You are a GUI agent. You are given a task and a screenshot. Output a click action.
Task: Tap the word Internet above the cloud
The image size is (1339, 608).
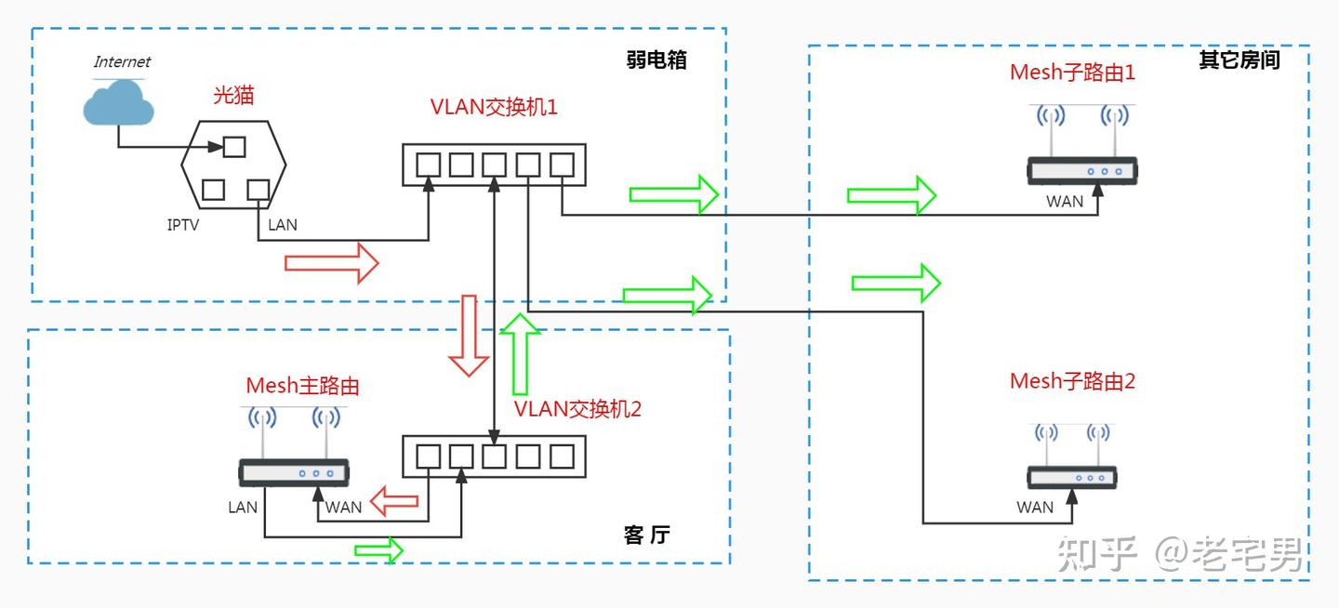coord(122,61)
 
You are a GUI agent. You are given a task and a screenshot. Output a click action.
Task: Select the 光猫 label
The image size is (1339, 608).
coord(233,95)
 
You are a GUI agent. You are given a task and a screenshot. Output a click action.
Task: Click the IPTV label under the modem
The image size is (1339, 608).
coord(183,225)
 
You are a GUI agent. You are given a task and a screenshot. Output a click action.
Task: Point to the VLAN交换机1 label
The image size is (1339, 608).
coord(494,107)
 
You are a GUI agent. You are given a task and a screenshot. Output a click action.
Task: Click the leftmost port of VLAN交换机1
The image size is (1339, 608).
coord(428,165)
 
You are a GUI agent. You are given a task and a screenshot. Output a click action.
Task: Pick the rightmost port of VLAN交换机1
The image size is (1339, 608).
coord(562,165)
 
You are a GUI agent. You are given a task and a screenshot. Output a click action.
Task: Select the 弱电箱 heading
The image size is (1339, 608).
coord(656,59)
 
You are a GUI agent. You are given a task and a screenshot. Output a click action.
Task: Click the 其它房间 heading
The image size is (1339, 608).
coord(1240,59)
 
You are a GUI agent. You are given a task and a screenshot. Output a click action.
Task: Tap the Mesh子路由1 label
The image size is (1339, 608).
coord(1072,73)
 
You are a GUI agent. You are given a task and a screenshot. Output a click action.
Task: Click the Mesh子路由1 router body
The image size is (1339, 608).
coord(1082,171)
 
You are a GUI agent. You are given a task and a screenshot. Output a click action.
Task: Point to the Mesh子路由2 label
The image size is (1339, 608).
coord(1072,381)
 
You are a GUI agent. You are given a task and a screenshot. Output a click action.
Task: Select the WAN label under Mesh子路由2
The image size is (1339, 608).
coord(1035,508)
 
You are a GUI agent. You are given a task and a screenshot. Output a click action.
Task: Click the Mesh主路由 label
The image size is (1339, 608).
coord(302,386)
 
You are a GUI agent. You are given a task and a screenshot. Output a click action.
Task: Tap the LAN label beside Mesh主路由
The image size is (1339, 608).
coord(243,508)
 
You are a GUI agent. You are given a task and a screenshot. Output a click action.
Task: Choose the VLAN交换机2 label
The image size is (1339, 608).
coord(577,409)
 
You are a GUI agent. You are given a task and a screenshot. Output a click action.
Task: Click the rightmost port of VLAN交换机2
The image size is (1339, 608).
coord(562,456)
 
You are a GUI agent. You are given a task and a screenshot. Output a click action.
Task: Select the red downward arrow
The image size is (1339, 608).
coord(470,336)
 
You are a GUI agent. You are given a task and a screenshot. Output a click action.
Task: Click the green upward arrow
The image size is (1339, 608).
coord(520,354)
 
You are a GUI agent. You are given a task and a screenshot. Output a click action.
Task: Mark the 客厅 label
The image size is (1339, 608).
coord(647,535)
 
